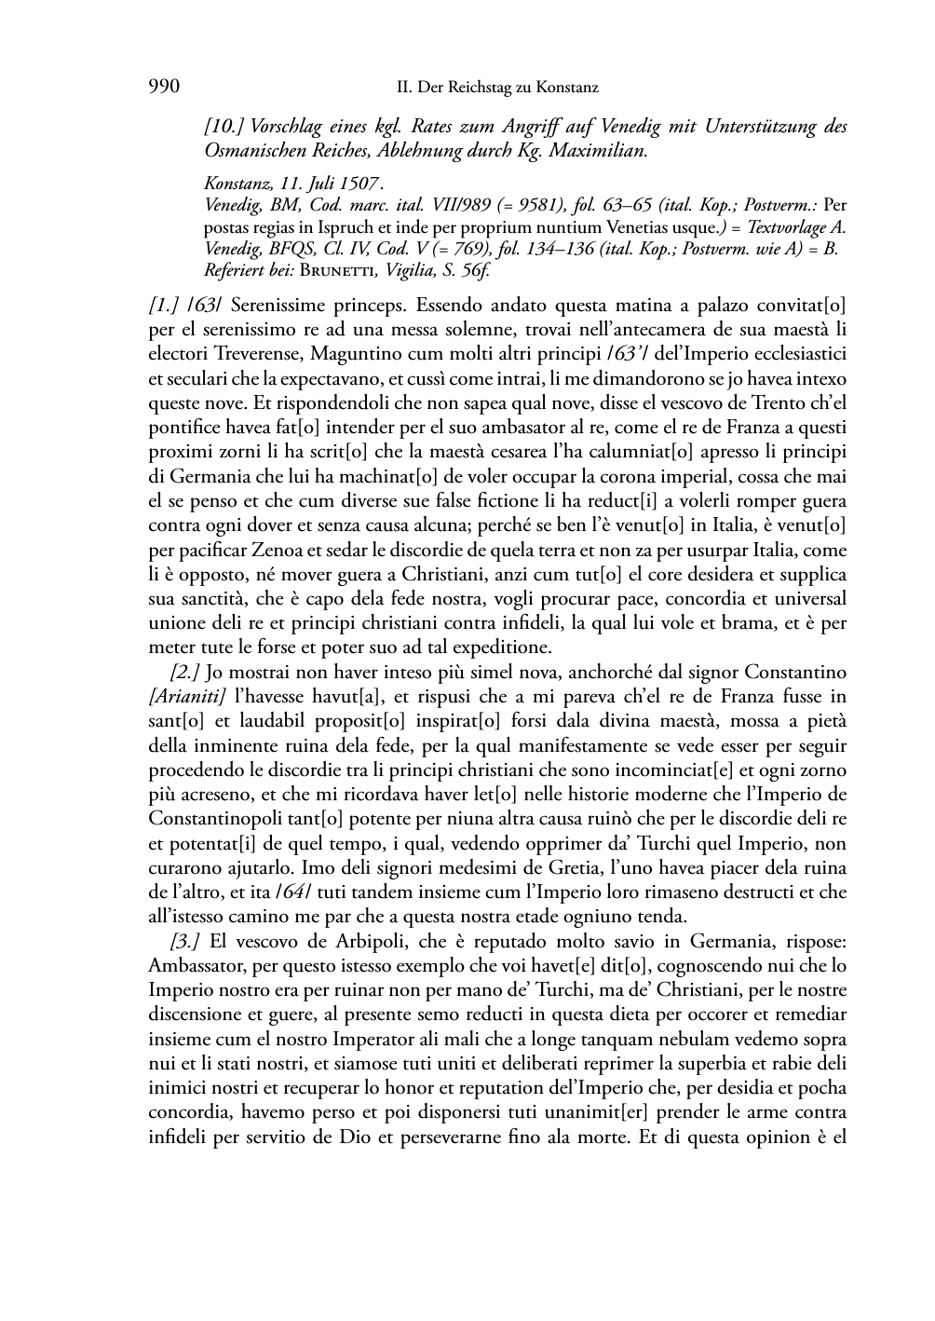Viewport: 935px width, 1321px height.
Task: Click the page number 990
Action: coord(164,88)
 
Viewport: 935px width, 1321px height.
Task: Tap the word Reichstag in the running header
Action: coord(480,89)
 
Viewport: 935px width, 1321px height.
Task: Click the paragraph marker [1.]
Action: coord(164,305)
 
